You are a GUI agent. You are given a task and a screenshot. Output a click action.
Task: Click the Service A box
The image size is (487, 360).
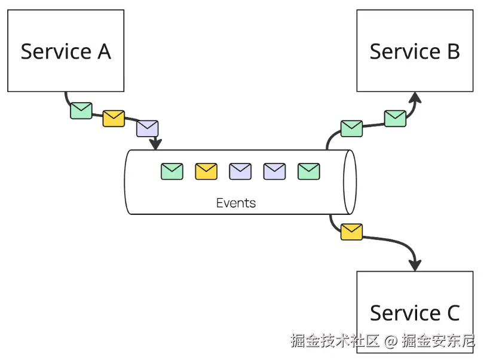coord(66,51)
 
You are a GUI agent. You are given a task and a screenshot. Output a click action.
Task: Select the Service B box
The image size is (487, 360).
coord(415,51)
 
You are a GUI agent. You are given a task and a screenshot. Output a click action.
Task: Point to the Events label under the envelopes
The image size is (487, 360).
coord(236,203)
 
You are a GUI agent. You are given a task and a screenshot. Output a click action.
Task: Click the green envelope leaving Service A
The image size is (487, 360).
coord(81,110)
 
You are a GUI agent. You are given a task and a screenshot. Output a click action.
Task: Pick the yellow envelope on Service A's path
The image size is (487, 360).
coord(114,118)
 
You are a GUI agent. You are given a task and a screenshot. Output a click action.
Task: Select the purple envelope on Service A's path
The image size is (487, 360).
coord(147,128)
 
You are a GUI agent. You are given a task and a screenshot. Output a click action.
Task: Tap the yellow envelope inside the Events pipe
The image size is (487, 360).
coord(206,171)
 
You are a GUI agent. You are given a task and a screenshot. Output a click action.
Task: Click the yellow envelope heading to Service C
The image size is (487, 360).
coord(351,232)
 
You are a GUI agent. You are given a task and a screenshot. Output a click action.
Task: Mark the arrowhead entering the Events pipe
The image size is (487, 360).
coord(156,144)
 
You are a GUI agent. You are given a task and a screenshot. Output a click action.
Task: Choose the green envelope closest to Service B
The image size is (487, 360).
coord(395,118)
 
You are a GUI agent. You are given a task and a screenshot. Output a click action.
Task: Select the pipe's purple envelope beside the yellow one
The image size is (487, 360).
coord(240,171)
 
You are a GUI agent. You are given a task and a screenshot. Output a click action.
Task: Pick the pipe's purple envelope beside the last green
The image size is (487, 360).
coord(275,171)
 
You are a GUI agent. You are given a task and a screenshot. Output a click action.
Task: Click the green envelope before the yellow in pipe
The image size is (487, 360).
coord(172,171)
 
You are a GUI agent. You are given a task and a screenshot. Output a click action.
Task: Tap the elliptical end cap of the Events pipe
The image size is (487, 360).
coord(350,181)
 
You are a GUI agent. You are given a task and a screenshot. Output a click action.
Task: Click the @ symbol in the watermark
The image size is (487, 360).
coord(391,341)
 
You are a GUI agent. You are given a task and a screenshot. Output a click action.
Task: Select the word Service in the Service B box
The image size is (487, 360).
coord(404,51)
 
